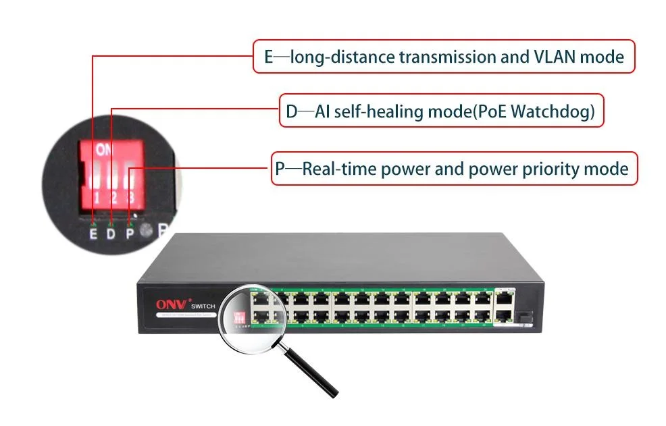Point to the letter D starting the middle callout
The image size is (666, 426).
[291, 111]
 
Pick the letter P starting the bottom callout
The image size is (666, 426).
[280, 168]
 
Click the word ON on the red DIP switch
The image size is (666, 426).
[105, 149]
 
